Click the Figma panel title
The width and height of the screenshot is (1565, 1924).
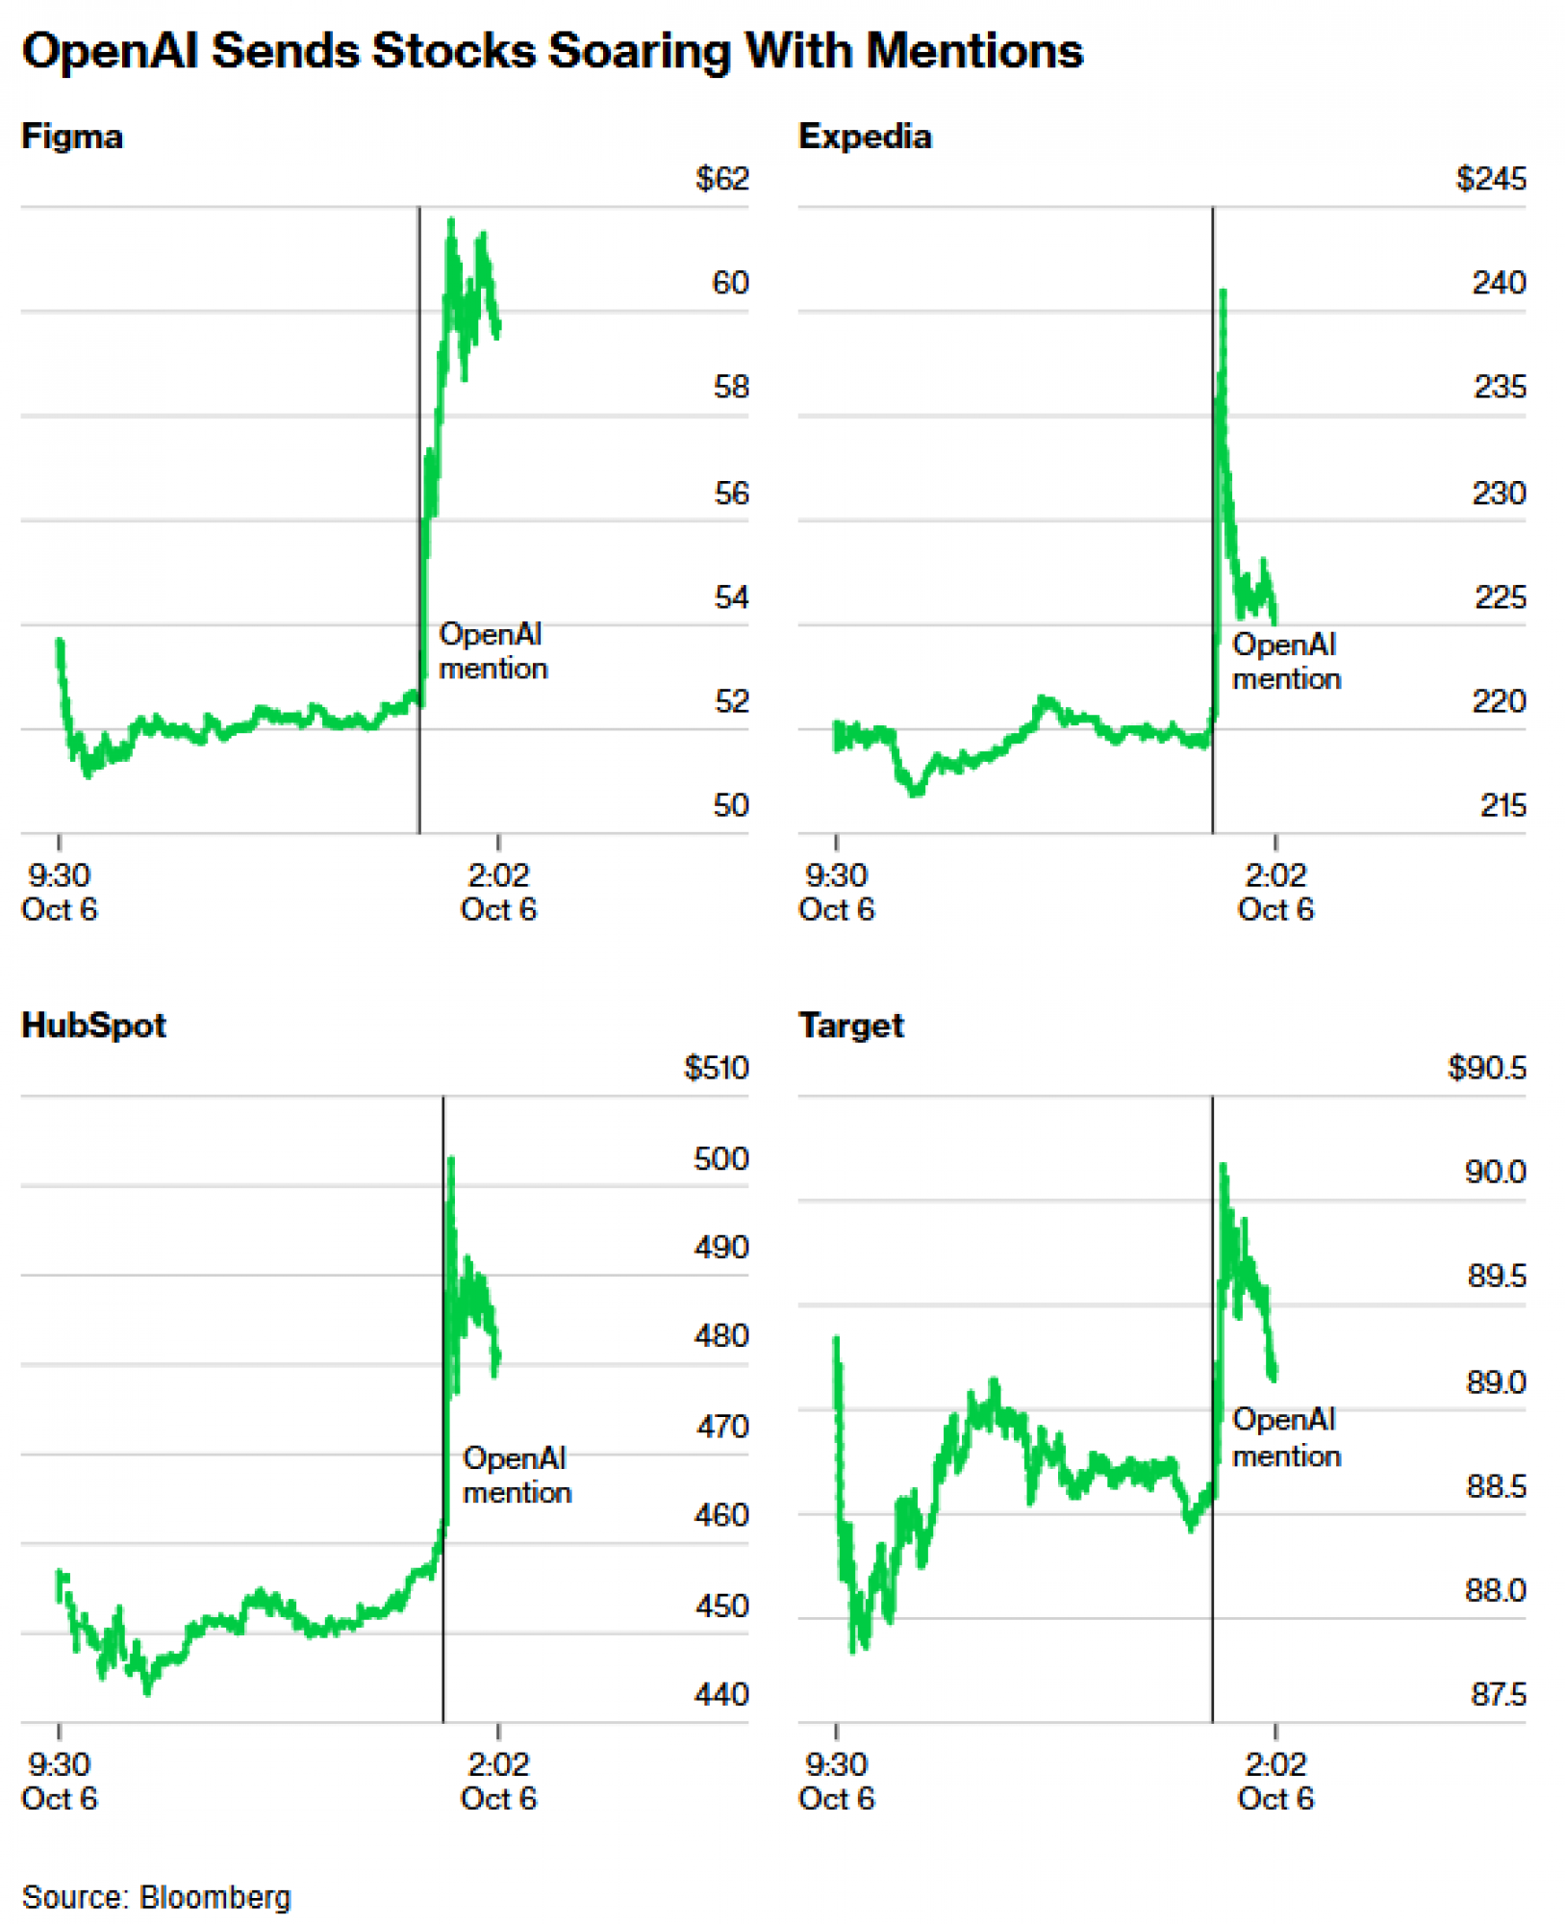72,137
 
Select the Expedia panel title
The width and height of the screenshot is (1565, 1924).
865,137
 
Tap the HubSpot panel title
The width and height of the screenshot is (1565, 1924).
93,1025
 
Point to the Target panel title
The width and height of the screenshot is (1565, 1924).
851,1025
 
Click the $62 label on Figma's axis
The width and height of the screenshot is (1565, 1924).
721,179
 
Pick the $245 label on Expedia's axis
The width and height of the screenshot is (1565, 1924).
1490,179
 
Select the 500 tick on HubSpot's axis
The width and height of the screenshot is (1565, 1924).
720,1158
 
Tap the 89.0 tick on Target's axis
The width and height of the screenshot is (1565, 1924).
1496,1382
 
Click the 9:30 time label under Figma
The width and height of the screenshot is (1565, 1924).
59,875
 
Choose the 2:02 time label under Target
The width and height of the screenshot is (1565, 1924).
1275,1764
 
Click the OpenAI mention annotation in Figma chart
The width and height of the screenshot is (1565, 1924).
492,651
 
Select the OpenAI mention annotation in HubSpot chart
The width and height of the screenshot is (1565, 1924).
517,1475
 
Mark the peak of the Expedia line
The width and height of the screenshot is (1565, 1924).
1223,291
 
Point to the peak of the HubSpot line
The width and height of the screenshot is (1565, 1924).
451,1159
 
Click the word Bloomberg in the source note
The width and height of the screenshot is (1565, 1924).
215,1897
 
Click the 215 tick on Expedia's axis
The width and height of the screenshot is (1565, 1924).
1502,805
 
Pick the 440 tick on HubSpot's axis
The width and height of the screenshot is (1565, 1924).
720,1694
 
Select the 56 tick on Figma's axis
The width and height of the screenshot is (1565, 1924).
731,494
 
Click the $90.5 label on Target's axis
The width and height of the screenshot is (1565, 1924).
1486,1068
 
